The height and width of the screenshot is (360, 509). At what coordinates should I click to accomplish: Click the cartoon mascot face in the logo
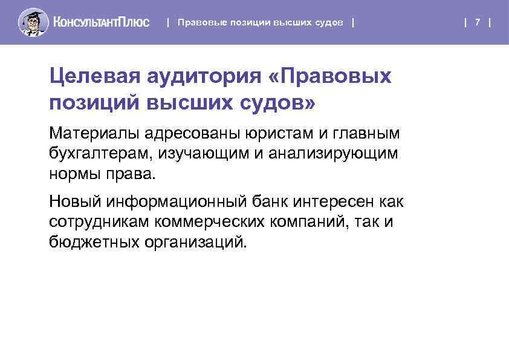[33, 22]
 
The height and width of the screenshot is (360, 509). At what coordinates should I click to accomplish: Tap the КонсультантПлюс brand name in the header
[101, 22]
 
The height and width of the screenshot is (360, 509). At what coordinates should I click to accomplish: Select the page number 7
[478, 22]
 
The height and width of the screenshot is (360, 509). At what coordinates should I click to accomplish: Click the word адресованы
[192, 133]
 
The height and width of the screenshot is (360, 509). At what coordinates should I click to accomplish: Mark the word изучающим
[203, 154]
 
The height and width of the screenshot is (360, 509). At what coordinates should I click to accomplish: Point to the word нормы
[75, 175]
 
